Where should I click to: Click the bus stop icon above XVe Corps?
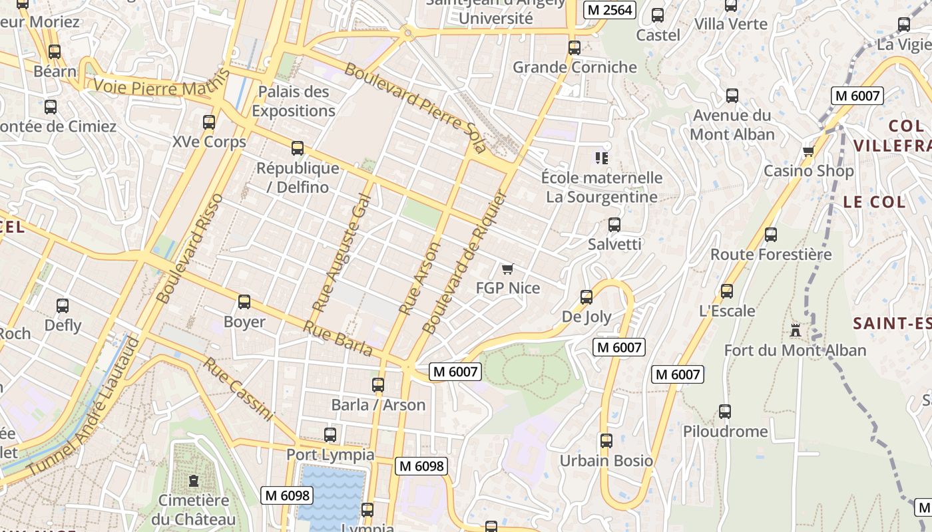tap(209, 122)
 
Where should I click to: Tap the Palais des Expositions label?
tap(294, 101)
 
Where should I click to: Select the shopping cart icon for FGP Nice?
tap(508, 269)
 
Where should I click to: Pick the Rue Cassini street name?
tap(238, 390)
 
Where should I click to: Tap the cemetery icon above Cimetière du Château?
tap(194, 480)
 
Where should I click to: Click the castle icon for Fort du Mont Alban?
tap(795, 330)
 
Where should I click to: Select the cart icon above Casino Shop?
tap(809, 151)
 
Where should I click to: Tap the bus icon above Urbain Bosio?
tap(606, 441)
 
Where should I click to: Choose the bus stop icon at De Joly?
tap(586, 297)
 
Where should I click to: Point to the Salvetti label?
tap(614, 244)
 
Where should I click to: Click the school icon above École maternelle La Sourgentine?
tap(602, 158)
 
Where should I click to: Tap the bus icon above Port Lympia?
tap(330, 435)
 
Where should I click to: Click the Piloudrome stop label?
tap(725, 432)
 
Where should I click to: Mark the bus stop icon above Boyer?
tap(244, 302)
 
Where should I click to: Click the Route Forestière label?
tap(771, 254)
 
